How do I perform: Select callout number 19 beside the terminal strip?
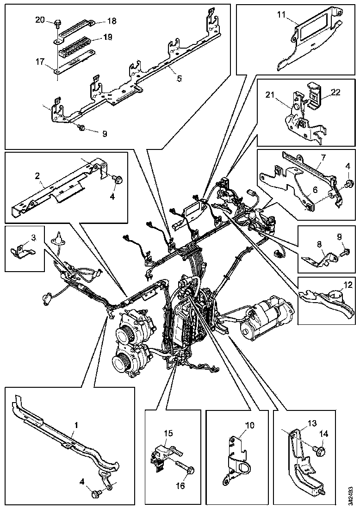point(108,37)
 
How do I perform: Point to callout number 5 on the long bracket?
point(180,79)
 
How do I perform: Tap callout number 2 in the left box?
point(37,176)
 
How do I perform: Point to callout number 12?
point(348,286)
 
